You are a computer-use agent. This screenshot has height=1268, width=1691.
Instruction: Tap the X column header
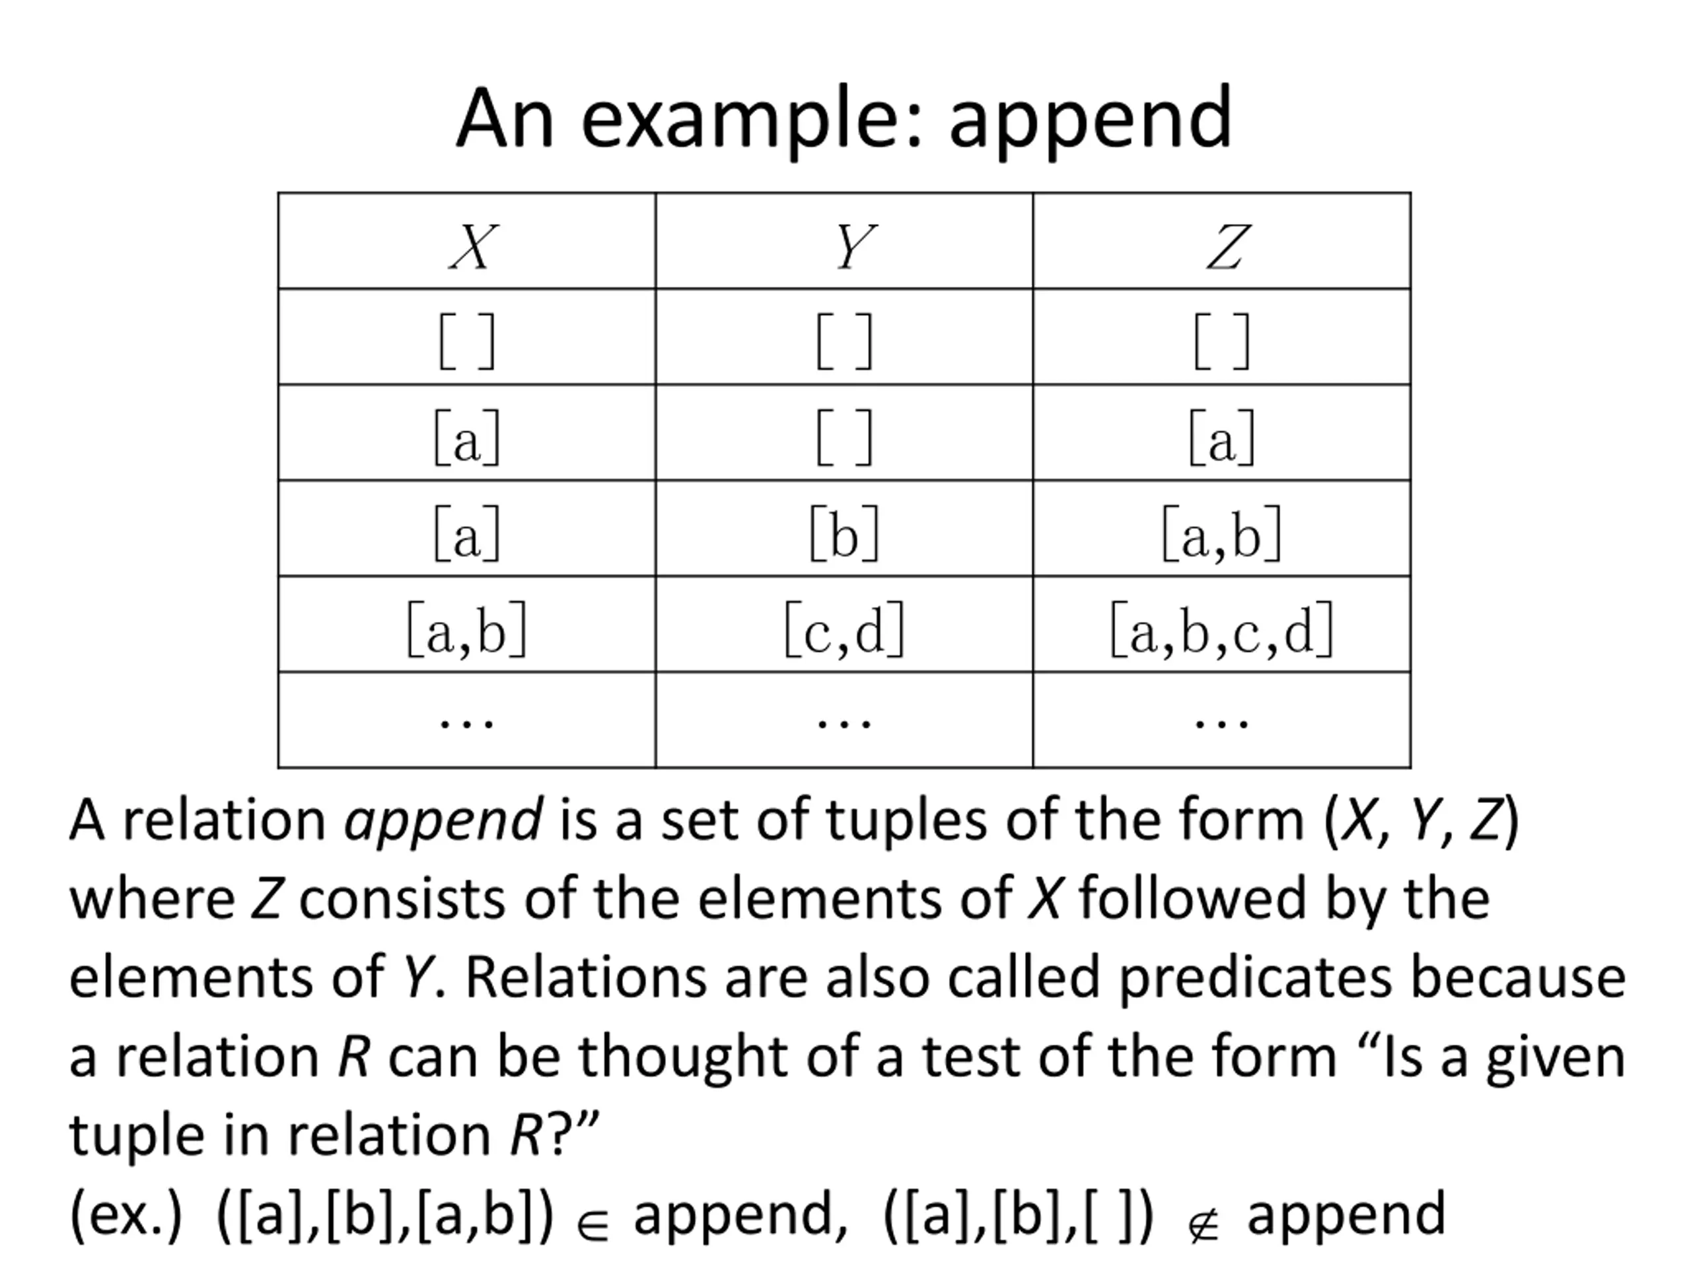coord(473,246)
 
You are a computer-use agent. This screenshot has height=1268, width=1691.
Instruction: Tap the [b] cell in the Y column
coord(844,534)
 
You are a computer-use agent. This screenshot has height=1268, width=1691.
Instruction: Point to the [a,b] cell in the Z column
coord(1221,534)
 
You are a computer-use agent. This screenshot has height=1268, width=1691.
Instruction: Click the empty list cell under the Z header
coord(1221,341)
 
